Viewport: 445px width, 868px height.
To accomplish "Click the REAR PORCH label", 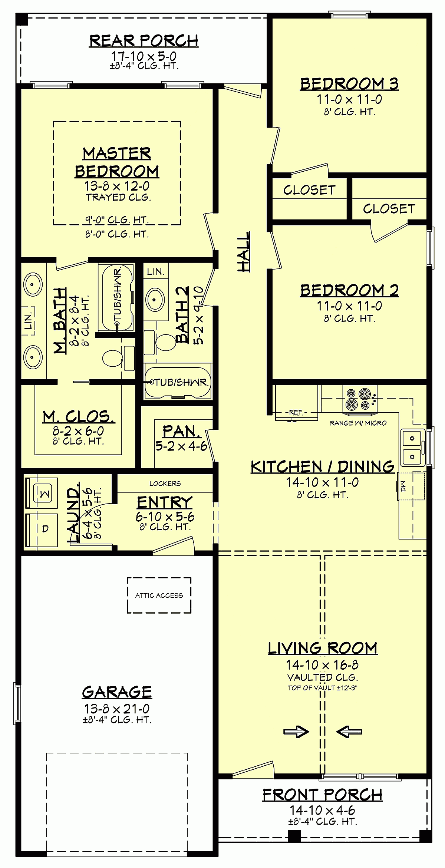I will pyautogui.click(x=144, y=41).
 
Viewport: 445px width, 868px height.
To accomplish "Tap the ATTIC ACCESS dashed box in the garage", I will pyautogui.click(x=159, y=595).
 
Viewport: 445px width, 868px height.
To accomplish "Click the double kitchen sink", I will pyautogui.click(x=412, y=447).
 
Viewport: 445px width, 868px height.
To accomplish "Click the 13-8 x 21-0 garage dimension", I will pyautogui.click(x=116, y=709).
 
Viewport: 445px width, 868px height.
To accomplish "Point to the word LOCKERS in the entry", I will pyautogui.click(x=165, y=483).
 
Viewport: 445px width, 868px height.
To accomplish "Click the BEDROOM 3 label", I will pyautogui.click(x=349, y=84).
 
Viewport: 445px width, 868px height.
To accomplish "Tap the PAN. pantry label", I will pyautogui.click(x=181, y=431).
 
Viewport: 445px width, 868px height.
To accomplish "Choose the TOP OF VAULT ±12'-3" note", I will pyautogui.click(x=322, y=688).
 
